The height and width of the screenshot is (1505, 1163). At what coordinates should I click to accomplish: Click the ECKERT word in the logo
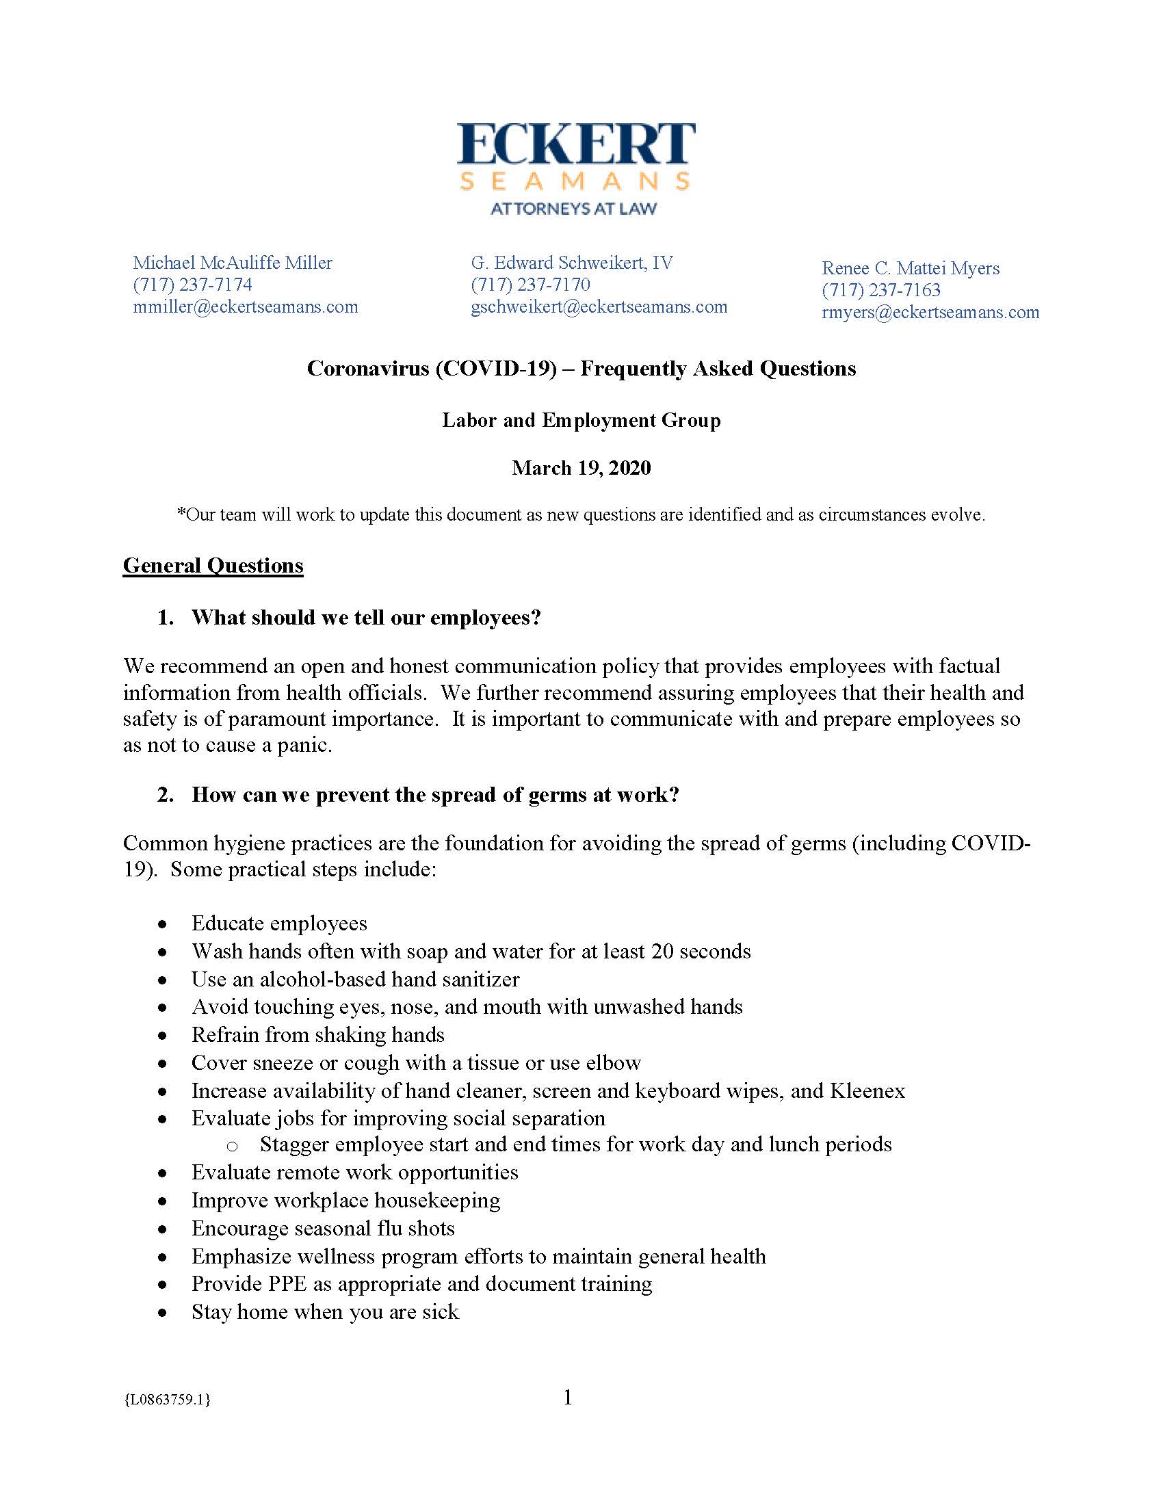pos(576,145)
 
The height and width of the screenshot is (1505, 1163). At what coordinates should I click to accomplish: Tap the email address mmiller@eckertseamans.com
pos(246,306)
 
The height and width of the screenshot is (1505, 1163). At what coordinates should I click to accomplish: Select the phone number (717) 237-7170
pos(530,285)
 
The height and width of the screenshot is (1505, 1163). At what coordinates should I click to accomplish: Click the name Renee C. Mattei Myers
pos(910,268)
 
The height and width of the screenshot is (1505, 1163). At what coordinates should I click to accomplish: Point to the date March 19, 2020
pos(581,468)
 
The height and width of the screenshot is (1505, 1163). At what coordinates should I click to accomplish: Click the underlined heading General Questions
pos(213,566)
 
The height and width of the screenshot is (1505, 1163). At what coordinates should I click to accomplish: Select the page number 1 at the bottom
pos(568,1398)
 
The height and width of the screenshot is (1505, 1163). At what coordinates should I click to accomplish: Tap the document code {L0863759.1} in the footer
pos(168,1400)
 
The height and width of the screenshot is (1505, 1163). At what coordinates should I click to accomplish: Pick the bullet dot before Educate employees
pos(162,924)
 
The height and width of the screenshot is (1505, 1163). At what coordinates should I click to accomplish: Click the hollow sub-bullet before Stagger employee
pos(232,1146)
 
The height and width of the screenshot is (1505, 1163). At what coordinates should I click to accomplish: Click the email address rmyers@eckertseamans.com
pos(930,312)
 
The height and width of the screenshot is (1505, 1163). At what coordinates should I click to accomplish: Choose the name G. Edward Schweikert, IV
pos(572,263)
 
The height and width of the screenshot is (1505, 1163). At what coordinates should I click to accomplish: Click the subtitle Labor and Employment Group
pos(581,420)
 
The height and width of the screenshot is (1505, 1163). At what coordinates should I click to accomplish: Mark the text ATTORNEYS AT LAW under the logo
pos(573,208)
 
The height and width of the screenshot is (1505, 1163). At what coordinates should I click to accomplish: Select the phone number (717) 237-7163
pos(880,290)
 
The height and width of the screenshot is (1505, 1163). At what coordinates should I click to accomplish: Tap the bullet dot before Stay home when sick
pos(162,1313)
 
